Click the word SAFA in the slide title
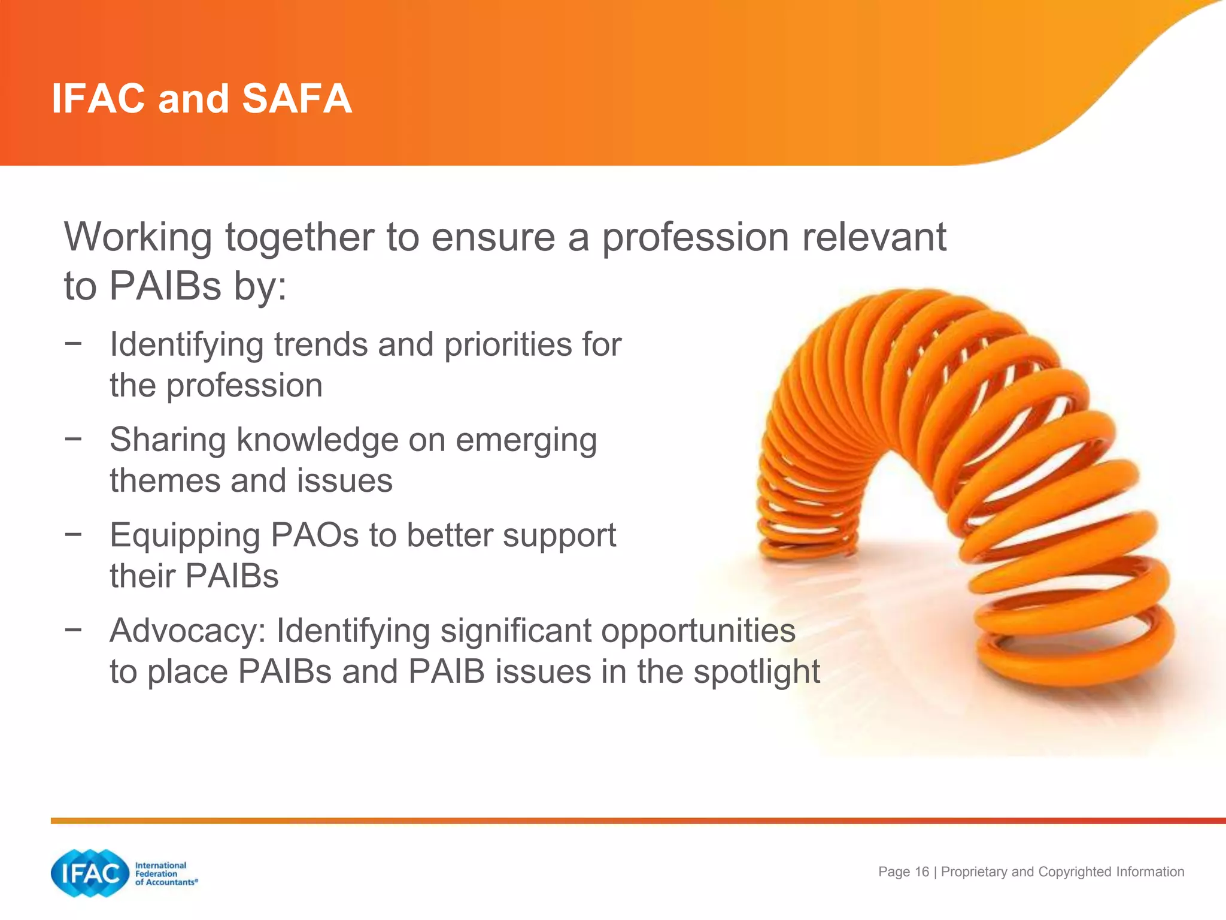coord(296,98)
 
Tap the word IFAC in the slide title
coord(98,98)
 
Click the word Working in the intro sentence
coord(138,238)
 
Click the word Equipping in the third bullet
coord(184,536)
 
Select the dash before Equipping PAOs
coord(73,534)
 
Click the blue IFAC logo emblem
coord(90,873)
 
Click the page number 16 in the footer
coord(922,872)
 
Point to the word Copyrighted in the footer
coord(1071,872)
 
